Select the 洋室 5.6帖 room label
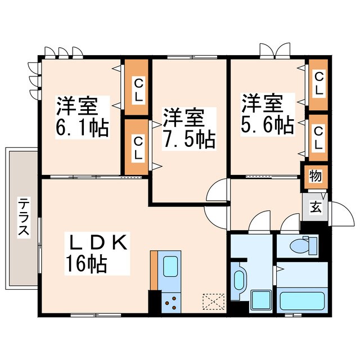(267, 115)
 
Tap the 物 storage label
(315, 175)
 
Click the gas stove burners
(170, 302)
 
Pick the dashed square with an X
(213, 302)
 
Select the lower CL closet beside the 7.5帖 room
(137, 148)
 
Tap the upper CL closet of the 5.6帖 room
(318, 84)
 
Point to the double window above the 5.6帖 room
(274, 51)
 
